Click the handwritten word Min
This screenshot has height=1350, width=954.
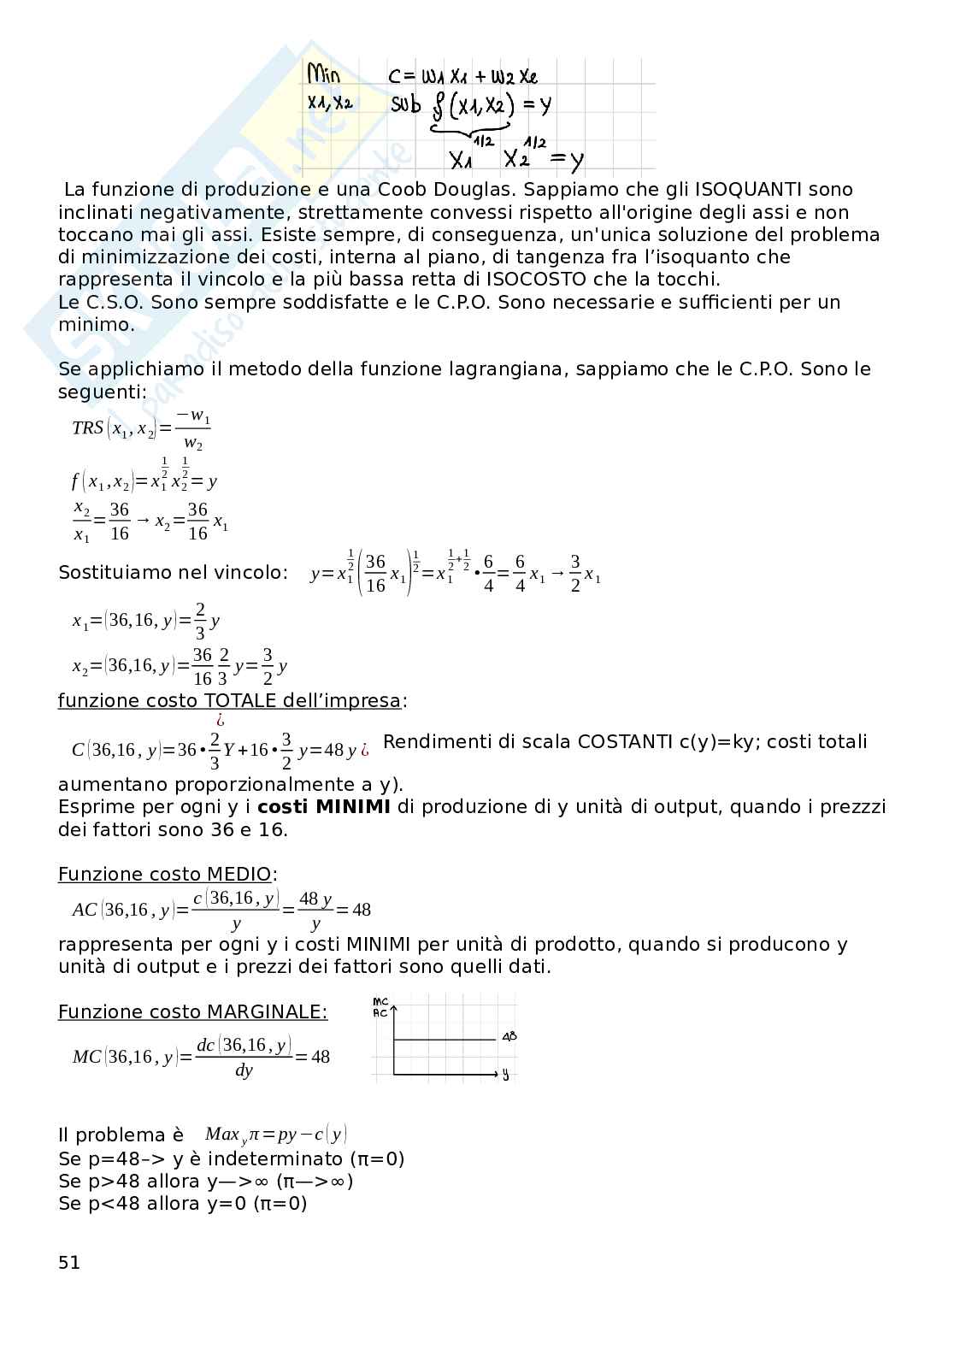(x=324, y=75)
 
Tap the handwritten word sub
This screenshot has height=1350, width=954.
(x=406, y=105)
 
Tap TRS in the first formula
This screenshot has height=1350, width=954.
(x=87, y=427)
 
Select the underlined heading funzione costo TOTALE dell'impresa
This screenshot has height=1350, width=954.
(x=229, y=701)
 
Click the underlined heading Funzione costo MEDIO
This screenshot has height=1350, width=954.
(x=165, y=875)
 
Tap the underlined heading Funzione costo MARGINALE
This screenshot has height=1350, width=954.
(x=192, y=1012)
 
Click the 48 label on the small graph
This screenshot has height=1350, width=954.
(x=509, y=1037)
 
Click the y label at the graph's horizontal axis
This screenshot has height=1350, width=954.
(x=505, y=1075)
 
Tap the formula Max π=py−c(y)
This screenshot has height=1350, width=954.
(x=275, y=1135)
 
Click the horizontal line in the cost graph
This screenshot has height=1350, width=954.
(x=445, y=1040)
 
